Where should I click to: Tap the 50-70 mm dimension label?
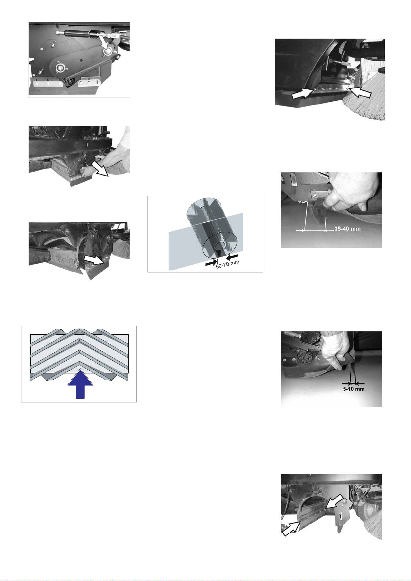pos(228,264)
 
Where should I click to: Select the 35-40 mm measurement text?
pos(348,229)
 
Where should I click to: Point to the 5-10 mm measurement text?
pos(354,389)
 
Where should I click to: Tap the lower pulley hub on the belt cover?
pos(60,68)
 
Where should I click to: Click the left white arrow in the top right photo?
pos(303,93)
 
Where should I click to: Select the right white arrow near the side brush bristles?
pos(360,92)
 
